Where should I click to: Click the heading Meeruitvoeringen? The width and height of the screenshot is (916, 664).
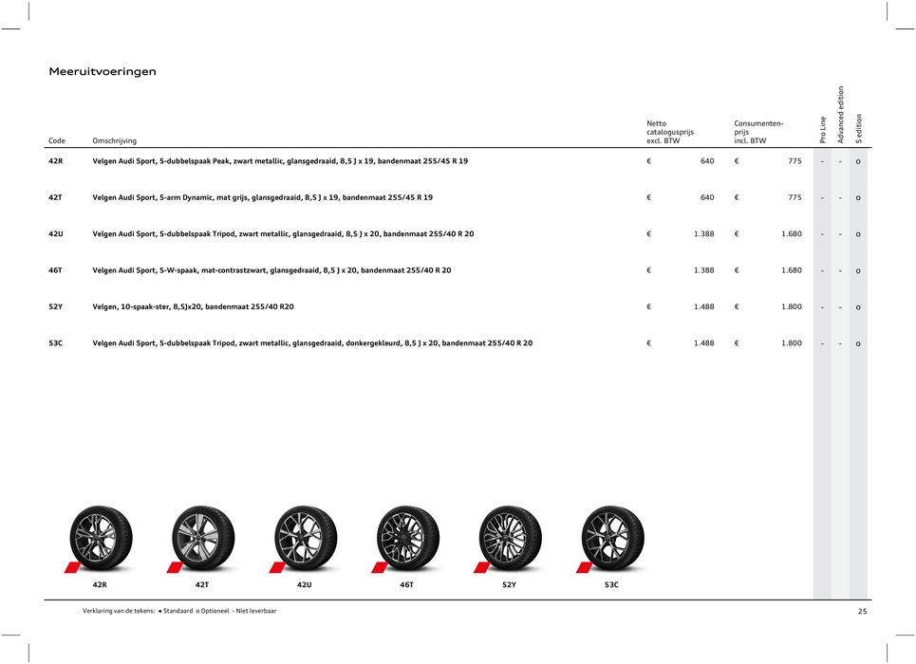pyautogui.click(x=103, y=71)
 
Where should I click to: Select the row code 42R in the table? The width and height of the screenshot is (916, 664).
pyautogui.click(x=56, y=162)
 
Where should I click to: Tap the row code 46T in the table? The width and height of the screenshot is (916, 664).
pyautogui.click(x=56, y=270)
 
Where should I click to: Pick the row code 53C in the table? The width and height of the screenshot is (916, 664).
pyautogui.click(x=56, y=342)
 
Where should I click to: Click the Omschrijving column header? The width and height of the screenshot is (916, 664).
pyautogui.click(x=114, y=141)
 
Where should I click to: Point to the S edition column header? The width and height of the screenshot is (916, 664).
pyautogui.click(x=858, y=129)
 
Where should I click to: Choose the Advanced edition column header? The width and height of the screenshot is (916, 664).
pyautogui.click(x=840, y=115)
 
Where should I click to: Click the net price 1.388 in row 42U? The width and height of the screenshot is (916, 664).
pyautogui.click(x=703, y=234)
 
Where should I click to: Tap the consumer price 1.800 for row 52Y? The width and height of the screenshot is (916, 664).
pyautogui.click(x=791, y=306)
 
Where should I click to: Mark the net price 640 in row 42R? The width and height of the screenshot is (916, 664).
pyautogui.click(x=707, y=162)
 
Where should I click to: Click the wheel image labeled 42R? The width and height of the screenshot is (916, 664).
pyautogui.click(x=101, y=538)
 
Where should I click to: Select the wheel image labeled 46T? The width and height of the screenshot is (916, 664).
pyautogui.click(x=407, y=538)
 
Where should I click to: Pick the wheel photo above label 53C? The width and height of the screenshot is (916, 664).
pyautogui.click(x=612, y=538)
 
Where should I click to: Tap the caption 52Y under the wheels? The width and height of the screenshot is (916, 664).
pyautogui.click(x=509, y=585)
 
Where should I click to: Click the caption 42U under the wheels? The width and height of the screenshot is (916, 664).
pyautogui.click(x=304, y=585)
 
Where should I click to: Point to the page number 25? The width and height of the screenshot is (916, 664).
pyautogui.click(x=862, y=612)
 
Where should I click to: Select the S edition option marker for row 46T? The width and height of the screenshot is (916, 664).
pyautogui.click(x=858, y=271)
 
